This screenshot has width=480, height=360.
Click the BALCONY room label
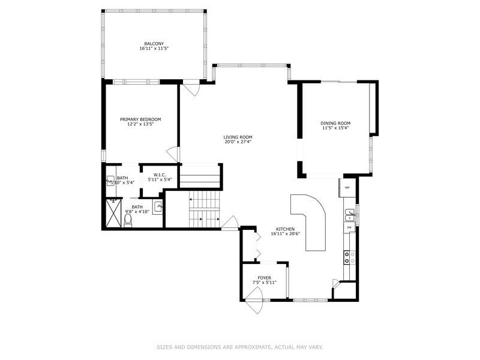pyautogui.click(x=154, y=44)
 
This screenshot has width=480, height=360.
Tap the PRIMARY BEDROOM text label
pyautogui.click(x=140, y=119)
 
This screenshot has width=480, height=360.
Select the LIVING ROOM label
pyautogui.click(x=238, y=137)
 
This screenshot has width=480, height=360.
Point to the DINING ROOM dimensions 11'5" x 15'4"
pyautogui.click(x=335, y=127)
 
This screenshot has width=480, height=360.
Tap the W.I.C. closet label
pyautogui.click(x=160, y=175)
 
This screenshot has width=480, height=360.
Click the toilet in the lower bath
pyautogui.click(x=128, y=220)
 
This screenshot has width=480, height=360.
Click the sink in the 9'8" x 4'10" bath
pyautogui.click(x=158, y=207)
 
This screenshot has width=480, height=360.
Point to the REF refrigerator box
pyautogui.click(x=347, y=187)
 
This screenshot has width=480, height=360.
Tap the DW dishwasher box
pyautogui.click(x=349, y=227)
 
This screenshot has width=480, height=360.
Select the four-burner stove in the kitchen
pyautogui.click(x=347, y=257)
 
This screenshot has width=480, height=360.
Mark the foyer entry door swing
pyautogui.click(x=254, y=298)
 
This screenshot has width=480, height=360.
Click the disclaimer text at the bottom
pyautogui.click(x=240, y=347)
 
